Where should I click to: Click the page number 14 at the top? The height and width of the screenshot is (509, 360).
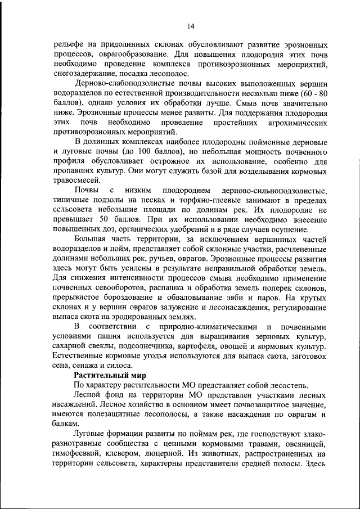pyautogui.click(x=191, y=26)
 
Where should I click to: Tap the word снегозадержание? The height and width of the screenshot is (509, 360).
pyautogui.click(x=85, y=75)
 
